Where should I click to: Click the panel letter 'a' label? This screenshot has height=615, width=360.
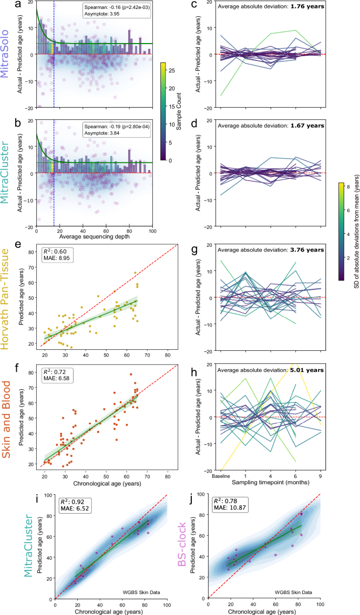(x=18, y=5)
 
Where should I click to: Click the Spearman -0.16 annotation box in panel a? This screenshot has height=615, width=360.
(x=116, y=12)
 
